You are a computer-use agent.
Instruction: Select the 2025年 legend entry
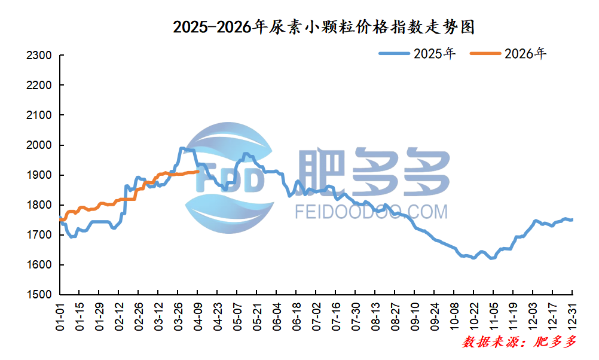pos(418,54)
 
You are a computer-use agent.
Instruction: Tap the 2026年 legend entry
pos(509,54)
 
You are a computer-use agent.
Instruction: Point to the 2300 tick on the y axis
pos(41,56)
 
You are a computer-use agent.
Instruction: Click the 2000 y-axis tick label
pos(41,145)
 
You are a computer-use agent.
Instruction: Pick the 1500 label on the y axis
pos(41,295)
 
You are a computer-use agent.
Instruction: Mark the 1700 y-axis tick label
pos(41,235)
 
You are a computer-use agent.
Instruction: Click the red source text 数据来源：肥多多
pos(519,342)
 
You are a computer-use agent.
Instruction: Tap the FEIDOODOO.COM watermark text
pos(371,212)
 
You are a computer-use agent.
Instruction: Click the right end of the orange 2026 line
pos(198,172)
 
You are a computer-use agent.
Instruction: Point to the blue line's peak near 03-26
pos(182,148)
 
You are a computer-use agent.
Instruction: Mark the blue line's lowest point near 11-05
pos(491,258)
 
